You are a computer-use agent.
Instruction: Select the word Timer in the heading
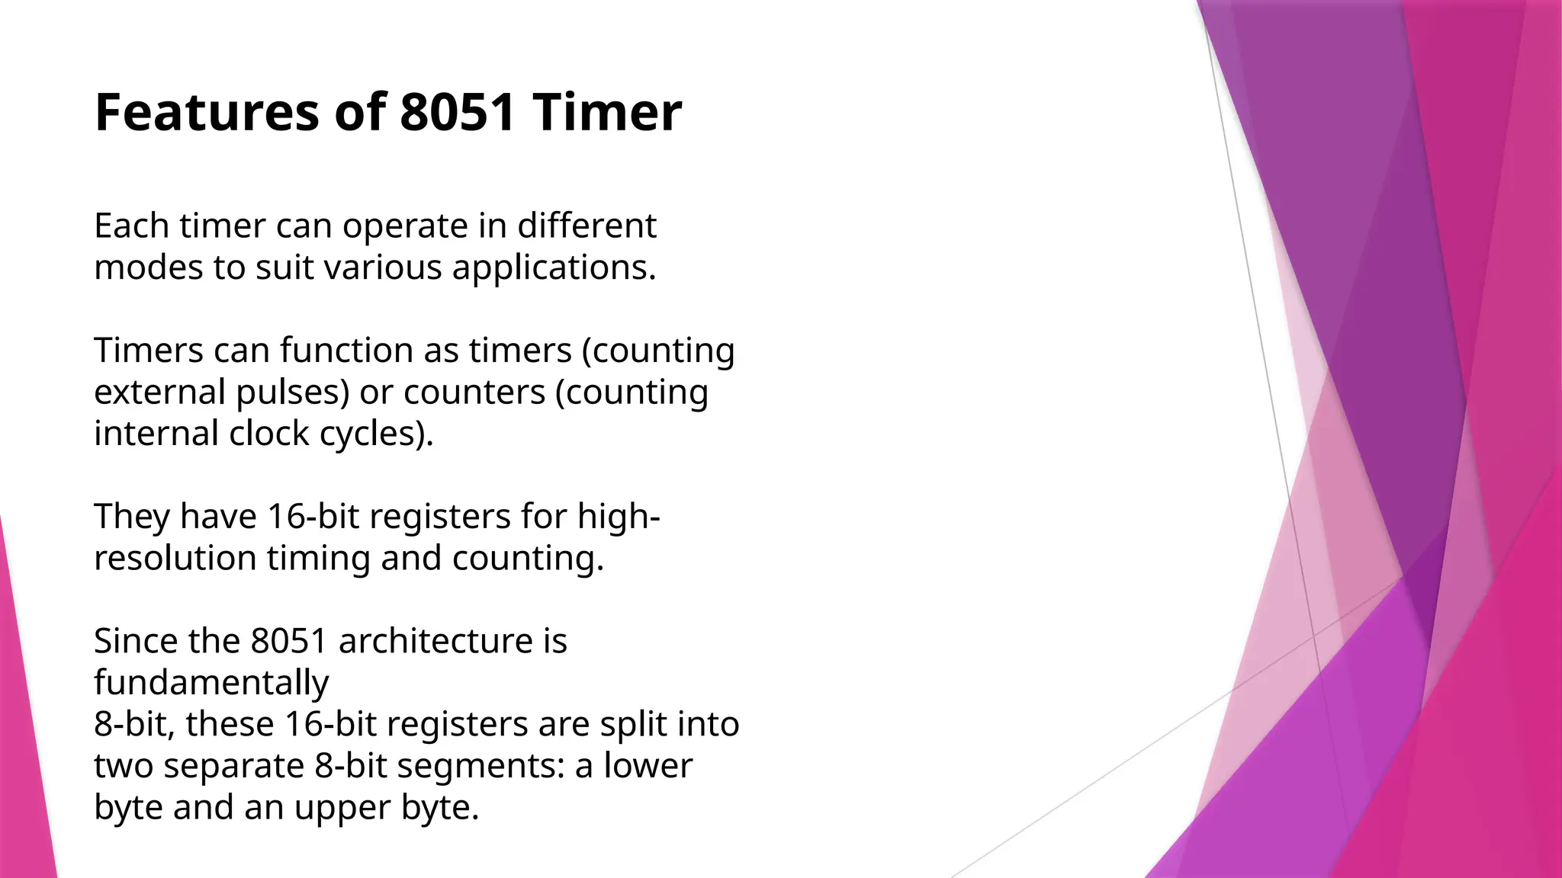pos(607,113)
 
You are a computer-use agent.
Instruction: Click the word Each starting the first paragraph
pos(131,226)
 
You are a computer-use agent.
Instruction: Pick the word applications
pos(554,268)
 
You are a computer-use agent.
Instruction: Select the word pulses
pos(292,393)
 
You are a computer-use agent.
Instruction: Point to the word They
pos(132,517)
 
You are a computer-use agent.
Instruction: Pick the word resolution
pos(175,558)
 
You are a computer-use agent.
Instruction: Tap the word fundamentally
pos(211,683)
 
